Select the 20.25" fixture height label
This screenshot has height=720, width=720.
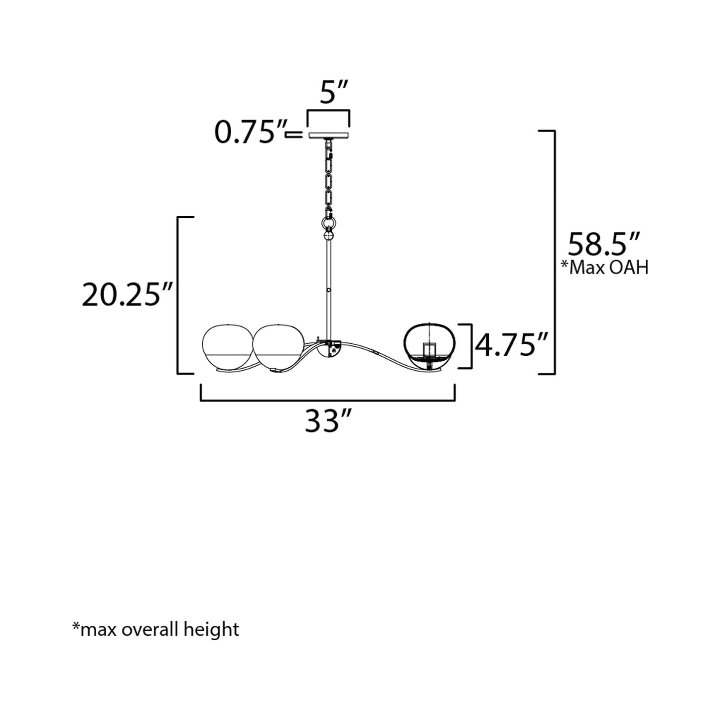pos(128,294)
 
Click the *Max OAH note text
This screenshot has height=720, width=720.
pos(604,268)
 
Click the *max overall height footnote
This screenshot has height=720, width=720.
pos(155,629)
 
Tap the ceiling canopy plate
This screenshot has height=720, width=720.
pos(329,135)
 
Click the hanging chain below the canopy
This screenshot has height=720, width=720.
pos(329,175)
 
